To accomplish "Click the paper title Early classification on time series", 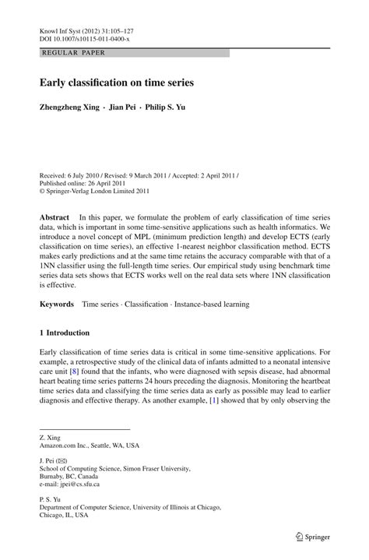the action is (117, 82).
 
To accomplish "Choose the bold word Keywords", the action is (57, 301).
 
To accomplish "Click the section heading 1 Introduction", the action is (65, 333).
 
